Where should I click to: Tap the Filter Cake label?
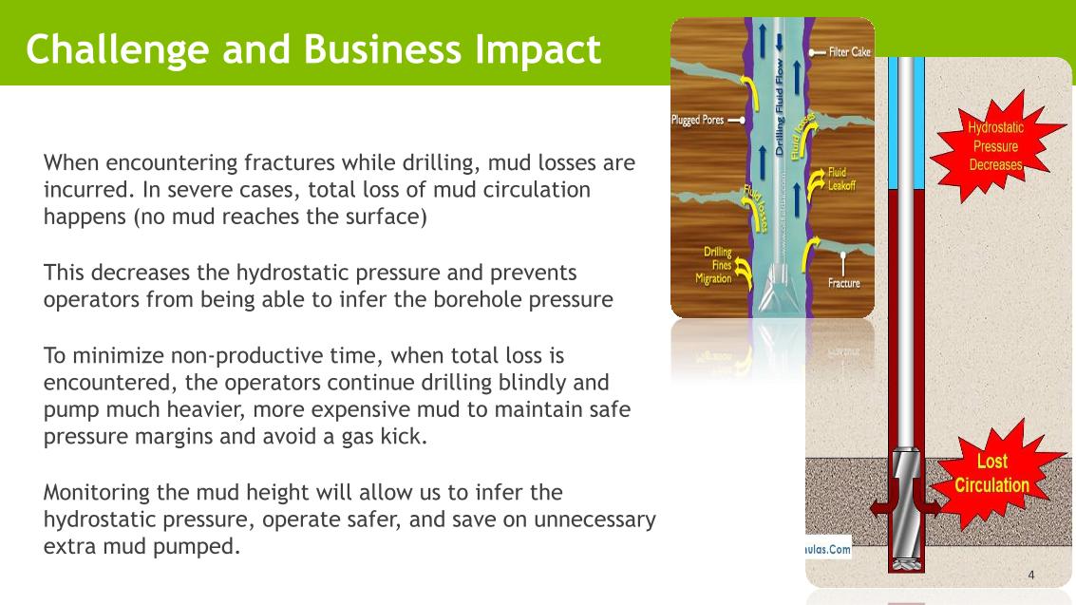tap(850, 53)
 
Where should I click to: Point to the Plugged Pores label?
tap(697, 121)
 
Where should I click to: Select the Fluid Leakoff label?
tap(842, 180)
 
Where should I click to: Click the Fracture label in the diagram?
tap(843, 282)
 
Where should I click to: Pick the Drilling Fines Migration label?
tap(714, 265)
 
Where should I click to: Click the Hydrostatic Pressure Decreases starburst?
tap(995, 145)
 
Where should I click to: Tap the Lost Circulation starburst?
tap(991, 473)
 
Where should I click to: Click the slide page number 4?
tap(1031, 576)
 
